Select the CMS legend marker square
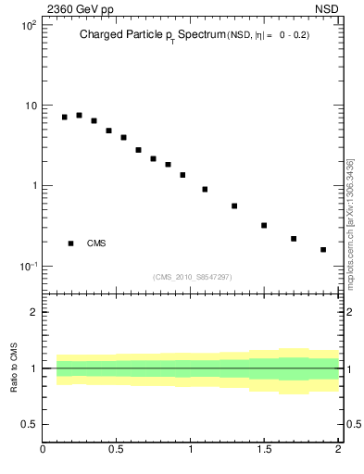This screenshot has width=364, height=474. coord(70,243)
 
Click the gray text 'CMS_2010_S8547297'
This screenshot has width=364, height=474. coord(192,277)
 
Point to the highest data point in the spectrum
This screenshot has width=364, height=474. coord(79,116)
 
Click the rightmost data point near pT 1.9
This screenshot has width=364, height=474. coord(323,250)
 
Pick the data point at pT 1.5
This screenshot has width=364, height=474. coord(264,225)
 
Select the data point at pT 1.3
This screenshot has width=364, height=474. coord(234,206)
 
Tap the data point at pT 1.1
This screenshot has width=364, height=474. coord(205,189)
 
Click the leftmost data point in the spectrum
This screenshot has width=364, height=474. coord(64,118)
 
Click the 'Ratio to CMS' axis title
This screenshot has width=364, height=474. coord(14,368)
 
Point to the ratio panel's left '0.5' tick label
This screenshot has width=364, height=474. coord(30,424)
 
